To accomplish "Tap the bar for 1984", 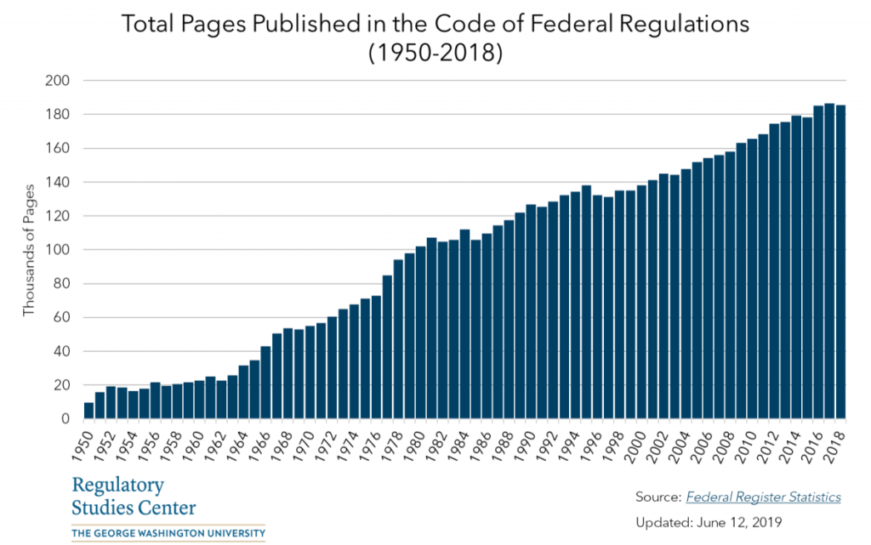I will click(x=464, y=324).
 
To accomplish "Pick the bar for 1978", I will click(x=398, y=339).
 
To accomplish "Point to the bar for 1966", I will click(x=265, y=383).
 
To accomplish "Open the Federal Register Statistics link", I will click(x=763, y=497).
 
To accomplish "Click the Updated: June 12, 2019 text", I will click(x=709, y=521).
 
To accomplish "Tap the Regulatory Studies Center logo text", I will click(x=134, y=497).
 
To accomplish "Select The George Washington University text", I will click(x=168, y=534).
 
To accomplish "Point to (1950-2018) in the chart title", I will click(x=435, y=53).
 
